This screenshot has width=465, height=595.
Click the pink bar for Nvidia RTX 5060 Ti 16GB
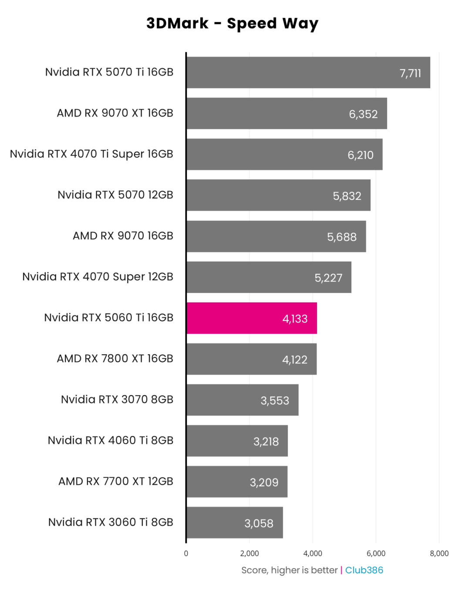252,318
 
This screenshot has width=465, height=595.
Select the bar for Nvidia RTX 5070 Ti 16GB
308,72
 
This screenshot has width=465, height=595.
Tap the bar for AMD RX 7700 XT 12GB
237,482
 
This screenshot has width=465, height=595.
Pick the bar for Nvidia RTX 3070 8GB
243,400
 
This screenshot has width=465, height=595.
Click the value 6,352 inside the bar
363,114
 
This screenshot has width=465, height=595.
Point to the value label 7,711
410,73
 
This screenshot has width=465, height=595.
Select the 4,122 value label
295,360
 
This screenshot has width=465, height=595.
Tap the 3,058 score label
259,523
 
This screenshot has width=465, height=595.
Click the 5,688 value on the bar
342,237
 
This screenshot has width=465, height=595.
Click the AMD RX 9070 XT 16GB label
115,113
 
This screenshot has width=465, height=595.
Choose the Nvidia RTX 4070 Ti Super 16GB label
91,154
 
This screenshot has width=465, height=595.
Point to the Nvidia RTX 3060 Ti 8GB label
111,522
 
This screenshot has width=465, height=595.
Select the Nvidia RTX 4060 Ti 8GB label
111,440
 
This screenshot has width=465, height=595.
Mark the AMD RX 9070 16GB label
123,236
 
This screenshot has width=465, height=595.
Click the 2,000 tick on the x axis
249,553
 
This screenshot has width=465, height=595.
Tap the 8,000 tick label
439,553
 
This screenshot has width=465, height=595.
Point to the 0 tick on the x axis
186,553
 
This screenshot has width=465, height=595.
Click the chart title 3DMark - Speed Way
232,24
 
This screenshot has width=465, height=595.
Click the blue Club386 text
364,570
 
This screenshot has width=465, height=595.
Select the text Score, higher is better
290,570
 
